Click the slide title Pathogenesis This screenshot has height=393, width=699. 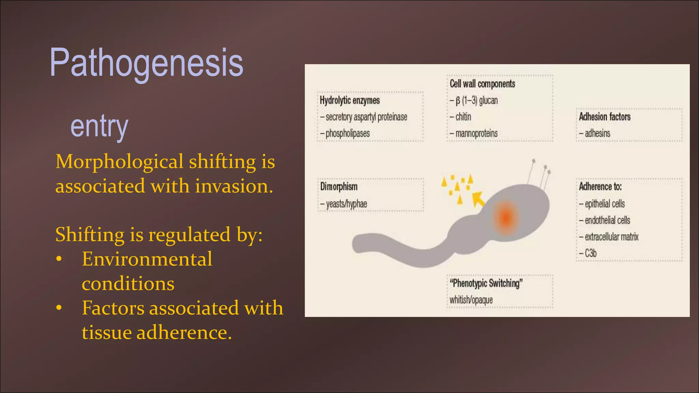click(147, 63)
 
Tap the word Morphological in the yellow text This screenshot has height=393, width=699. click(119, 162)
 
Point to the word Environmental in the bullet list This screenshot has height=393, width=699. click(147, 259)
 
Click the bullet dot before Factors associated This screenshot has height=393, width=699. click(59, 308)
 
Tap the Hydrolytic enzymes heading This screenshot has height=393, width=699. click(349, 100)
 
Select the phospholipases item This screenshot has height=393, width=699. click(347, 133)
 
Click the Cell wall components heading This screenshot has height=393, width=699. click(482, 84)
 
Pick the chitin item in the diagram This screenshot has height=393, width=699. click(463, 117)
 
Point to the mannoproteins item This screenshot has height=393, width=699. click(476, 133)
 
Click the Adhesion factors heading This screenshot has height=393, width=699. click(604, 117)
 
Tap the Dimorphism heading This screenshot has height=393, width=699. click(339, 187)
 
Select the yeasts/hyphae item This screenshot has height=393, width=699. click(346, 204)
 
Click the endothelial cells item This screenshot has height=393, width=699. click(607, 220)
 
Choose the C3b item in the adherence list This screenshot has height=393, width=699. click(590, 253)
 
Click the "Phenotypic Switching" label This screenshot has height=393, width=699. click(486, 283)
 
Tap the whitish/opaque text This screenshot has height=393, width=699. click(471, 300)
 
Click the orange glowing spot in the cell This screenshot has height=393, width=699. click(505, 216)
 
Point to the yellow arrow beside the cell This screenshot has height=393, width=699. click(478, 199)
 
